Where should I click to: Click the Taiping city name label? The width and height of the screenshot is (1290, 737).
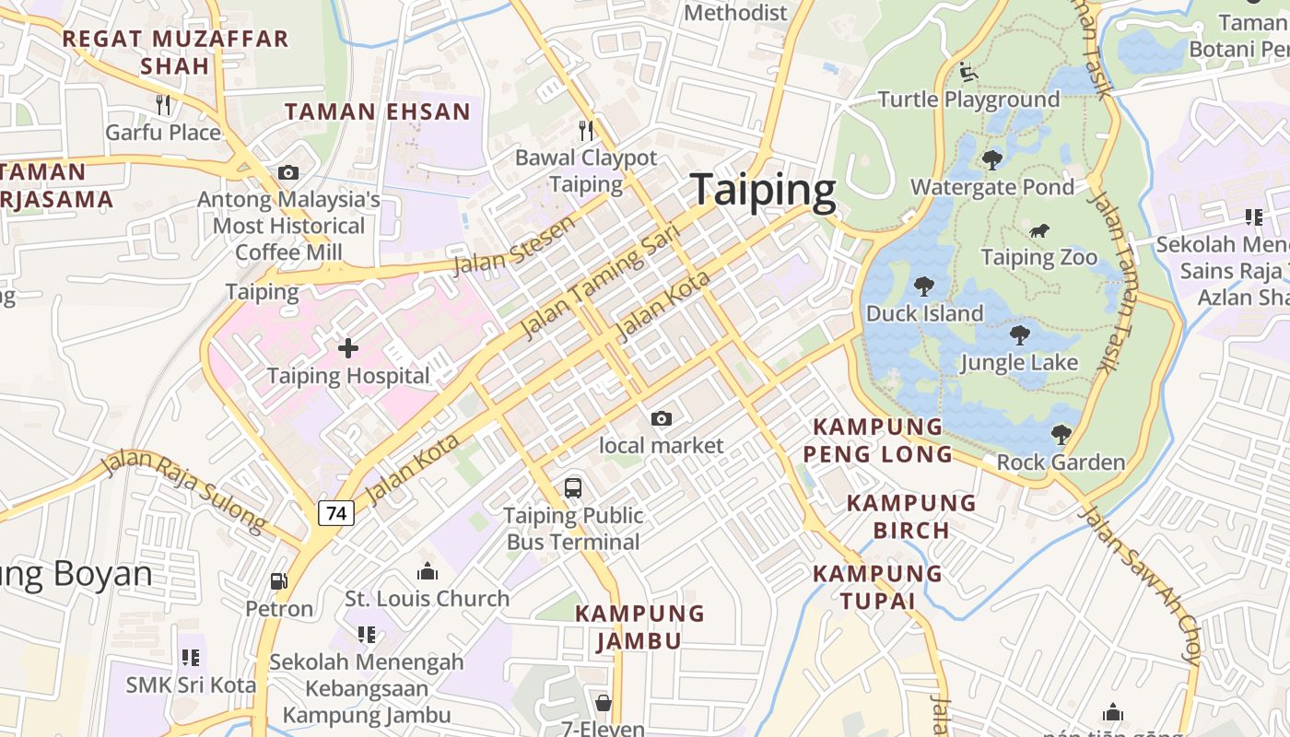(763, 190)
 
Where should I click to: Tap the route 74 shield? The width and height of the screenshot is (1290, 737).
(336, 513)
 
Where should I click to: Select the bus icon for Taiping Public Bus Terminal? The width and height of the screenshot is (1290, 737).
(573, 487)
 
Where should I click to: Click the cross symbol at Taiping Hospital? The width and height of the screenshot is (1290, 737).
(348, 348)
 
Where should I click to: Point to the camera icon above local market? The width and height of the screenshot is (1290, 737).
(661, 419)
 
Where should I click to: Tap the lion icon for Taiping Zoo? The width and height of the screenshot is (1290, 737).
(1039, 230)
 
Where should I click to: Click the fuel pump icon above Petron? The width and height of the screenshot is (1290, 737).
(278, 581)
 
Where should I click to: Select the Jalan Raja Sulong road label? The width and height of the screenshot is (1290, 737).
(184, 491)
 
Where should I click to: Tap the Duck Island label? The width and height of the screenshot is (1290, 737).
(924, 313)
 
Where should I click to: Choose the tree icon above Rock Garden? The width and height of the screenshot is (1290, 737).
(1061, 434)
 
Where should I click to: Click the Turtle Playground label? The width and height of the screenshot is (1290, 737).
(968, 99)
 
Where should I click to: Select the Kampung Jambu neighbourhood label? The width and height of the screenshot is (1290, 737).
(639, 626)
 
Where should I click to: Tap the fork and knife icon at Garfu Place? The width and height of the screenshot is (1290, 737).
(163, 105)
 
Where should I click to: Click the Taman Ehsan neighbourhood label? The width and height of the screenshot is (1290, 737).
(377, 112)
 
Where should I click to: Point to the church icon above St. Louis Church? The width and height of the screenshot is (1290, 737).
(427, 571)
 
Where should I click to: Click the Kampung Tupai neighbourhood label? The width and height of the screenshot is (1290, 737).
(877, 587)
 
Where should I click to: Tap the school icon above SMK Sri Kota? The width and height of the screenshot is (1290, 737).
(191, 658)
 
